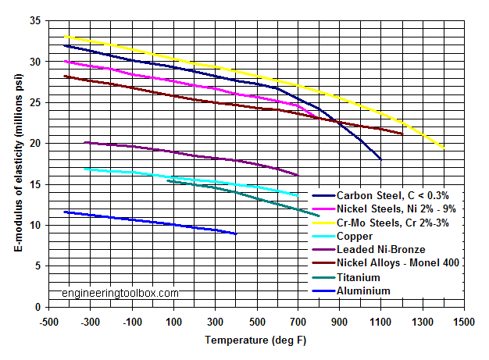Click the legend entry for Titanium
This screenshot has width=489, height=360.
(359, 277)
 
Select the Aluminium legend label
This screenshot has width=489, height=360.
(362, 290)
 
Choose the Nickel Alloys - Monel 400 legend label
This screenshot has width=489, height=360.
(397, 263)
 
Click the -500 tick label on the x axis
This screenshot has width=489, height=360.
(48, 322)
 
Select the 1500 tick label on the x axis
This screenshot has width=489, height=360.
(465, 322)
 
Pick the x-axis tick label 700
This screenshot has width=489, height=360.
(298, 322)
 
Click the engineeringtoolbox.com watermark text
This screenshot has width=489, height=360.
(120, 294)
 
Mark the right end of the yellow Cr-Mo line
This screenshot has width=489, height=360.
(444, 148)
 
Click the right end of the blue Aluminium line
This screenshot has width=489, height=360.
(236, 233)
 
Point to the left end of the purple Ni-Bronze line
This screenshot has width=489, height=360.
(84, 142)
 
